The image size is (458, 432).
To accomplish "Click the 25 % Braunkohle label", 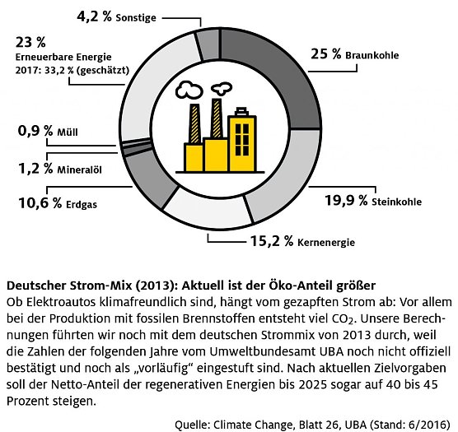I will (355, 55).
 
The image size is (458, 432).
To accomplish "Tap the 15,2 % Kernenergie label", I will (301, 241).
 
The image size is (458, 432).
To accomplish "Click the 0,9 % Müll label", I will (47, 131).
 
